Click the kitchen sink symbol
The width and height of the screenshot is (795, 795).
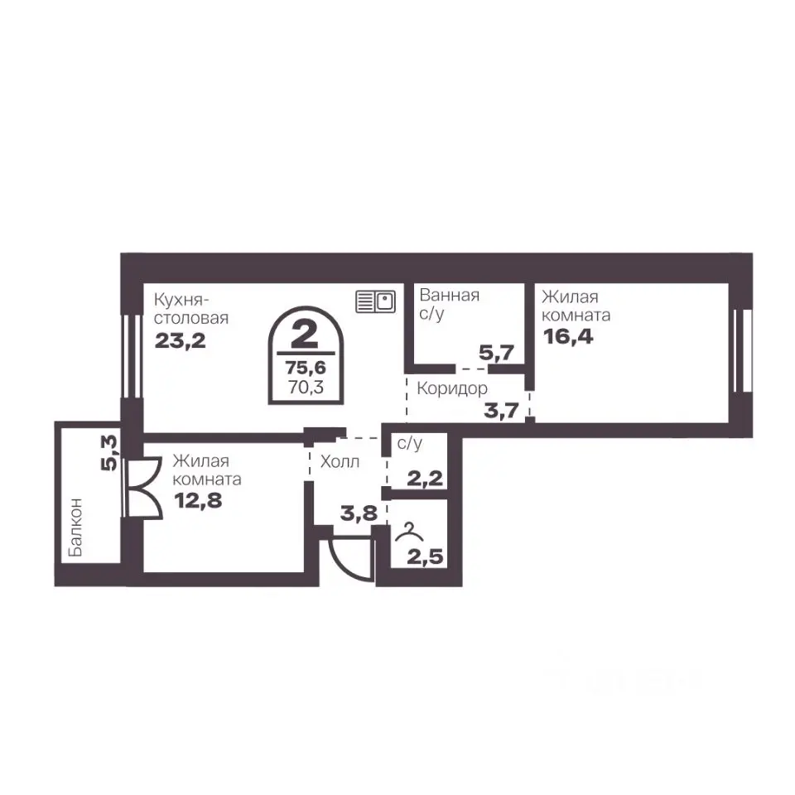[375, 301]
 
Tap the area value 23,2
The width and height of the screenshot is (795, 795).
[180, 340]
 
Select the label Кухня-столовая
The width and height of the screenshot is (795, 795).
[191, 309]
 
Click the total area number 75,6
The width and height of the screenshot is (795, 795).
[306, 367]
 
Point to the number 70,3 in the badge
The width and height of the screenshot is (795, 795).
[306, 388]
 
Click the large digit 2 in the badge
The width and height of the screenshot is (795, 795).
[305, 335]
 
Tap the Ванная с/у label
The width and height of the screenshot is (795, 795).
[449, 304]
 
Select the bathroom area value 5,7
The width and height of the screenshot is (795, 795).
[496, 353]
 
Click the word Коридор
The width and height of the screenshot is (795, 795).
[452, 389]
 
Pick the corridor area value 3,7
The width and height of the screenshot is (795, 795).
[502, 410]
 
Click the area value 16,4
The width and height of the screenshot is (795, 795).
[568, 336]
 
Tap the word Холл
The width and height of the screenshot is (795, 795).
[340, 461]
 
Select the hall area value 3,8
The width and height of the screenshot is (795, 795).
[359, 513]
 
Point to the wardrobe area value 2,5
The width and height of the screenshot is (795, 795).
[425, 556]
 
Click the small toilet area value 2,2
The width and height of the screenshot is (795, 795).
[425, 478]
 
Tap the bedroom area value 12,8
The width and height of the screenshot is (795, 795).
[198, 500]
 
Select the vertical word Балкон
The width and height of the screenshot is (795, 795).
[75, 527]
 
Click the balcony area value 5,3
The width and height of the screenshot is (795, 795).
[109, 452]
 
